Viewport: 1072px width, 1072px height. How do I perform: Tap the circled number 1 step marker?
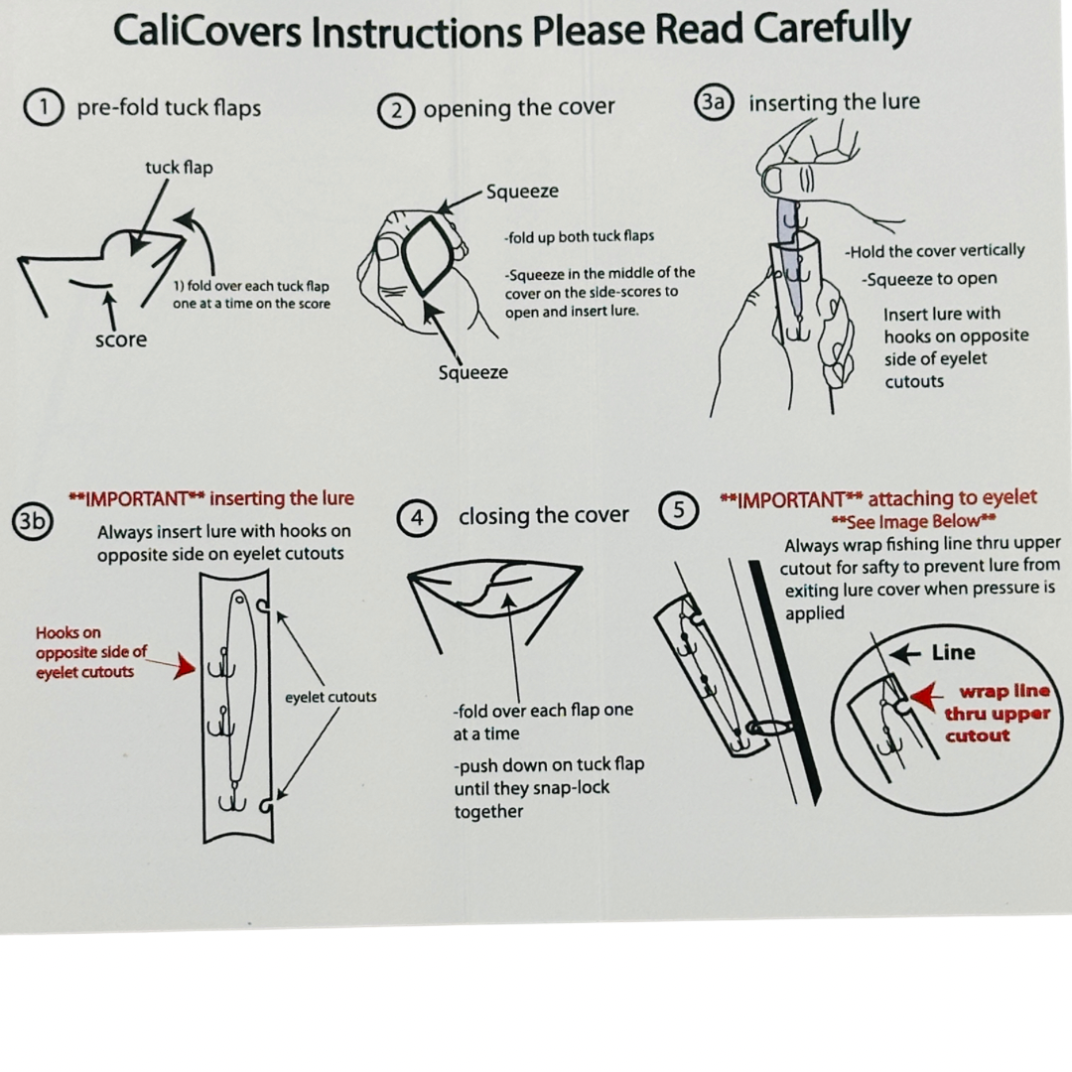coord(44,106)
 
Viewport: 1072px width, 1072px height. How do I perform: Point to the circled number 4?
coord(417,518)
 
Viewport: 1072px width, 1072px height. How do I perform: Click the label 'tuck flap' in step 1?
coord(179,167)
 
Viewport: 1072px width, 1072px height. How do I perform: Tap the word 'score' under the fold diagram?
coord(120,339)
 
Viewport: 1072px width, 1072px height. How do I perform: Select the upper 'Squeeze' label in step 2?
coord(522,192)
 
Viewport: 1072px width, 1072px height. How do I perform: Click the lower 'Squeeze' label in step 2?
coord(472,372)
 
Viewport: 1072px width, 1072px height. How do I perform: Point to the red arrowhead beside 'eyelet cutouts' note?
coord(185,666)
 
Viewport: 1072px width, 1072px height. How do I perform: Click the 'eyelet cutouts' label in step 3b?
coord(331,697)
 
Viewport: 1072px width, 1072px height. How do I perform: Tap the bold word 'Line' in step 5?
coord(953,653)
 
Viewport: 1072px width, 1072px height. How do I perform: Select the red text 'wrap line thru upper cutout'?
coord(997,714)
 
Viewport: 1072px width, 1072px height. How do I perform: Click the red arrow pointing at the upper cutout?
coord(925,697)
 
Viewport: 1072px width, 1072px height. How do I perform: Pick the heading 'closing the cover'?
coord(543,516)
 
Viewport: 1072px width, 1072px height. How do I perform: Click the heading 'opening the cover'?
coord(518,108)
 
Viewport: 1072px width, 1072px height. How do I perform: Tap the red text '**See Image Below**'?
coord(912,522)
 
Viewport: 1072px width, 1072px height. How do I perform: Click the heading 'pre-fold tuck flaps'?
coord(169,107)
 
